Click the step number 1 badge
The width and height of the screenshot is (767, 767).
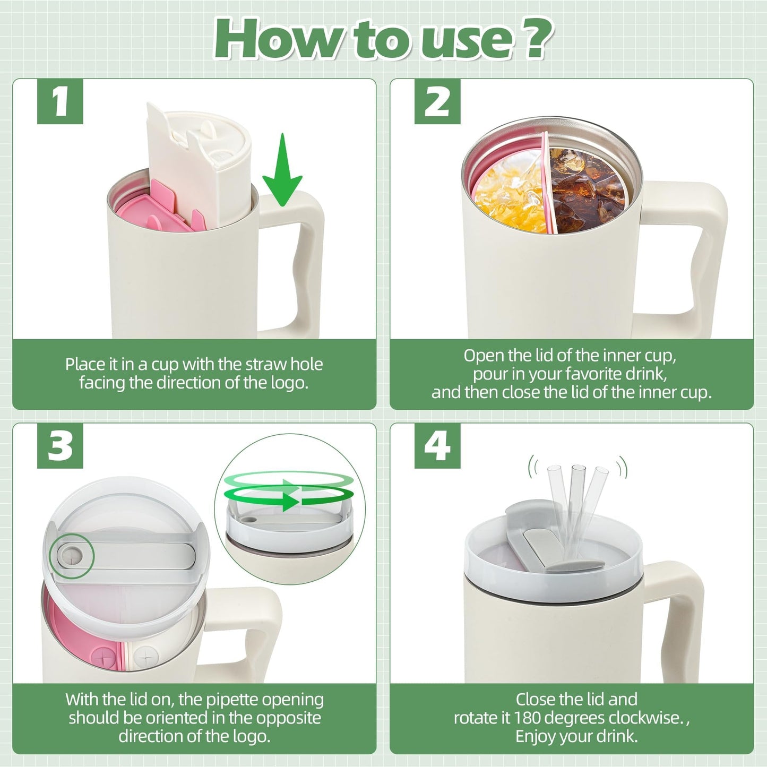tap(60, 101)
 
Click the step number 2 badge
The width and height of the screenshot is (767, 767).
tap(437, 101)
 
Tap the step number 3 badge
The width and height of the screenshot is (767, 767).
tap(60, 446)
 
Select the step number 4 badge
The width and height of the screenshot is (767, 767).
tap(437, 446)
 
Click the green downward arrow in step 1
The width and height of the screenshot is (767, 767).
tap(283, 170)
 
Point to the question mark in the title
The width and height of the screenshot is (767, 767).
tap(532, 39)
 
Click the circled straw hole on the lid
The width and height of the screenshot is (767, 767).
tap(72, 555)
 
